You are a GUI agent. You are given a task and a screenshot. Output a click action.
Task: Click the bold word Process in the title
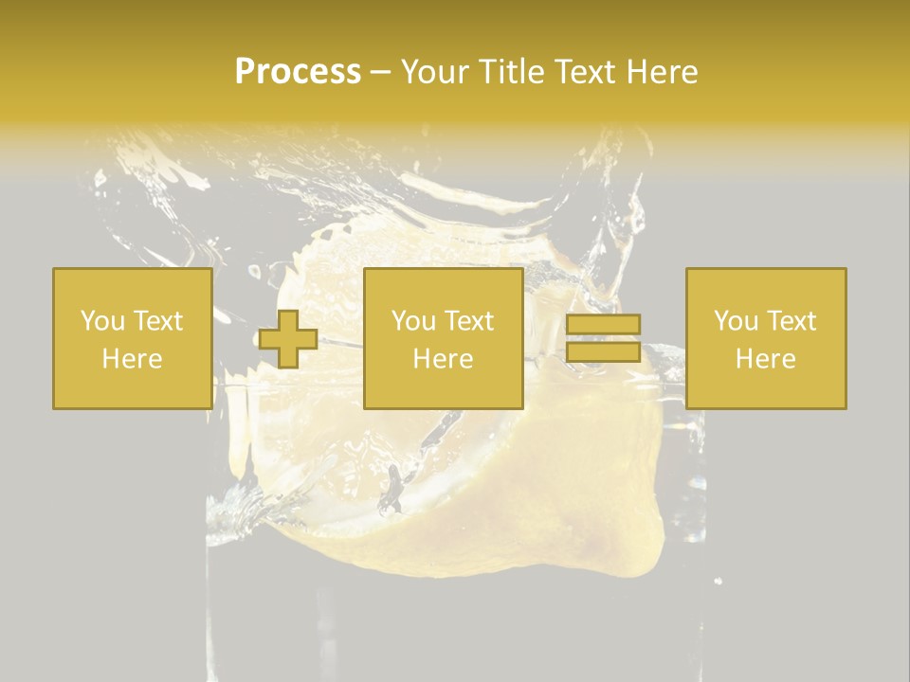pyautogui.click(x=298, y=72)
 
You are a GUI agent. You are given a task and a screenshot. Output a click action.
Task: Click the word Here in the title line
pyautogui.click(x=664, y=72)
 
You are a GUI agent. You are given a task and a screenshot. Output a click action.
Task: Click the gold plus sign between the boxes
pyautogui.click(x=288, y=339)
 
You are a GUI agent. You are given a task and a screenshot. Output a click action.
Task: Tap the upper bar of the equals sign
pyautogui.click(x=603, y=325)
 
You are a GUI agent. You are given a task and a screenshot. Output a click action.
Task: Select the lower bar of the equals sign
pyautogui.click(x=603, y=351)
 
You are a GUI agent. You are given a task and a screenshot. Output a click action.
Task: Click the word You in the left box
pyautogui.click(x=101, y=321)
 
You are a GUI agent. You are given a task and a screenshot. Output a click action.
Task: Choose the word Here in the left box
pyautogui.click(x=132, y=359)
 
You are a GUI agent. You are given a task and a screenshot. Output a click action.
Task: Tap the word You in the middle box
pyautogui.click(x=413, y=321)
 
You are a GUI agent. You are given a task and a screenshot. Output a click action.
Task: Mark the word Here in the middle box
pyautogui.click(x=443, y=359)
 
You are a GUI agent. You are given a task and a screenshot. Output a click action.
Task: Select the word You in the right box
pyautogui.click(x=736, y=321)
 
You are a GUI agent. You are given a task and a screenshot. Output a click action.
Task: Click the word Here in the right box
pyautogui.click(x=766, y=359)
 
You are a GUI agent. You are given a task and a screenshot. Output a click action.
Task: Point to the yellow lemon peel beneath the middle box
pyautogui.click(x=531, y=493)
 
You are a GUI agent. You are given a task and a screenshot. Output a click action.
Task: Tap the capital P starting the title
pyautogui.click(x=246, y=72)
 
